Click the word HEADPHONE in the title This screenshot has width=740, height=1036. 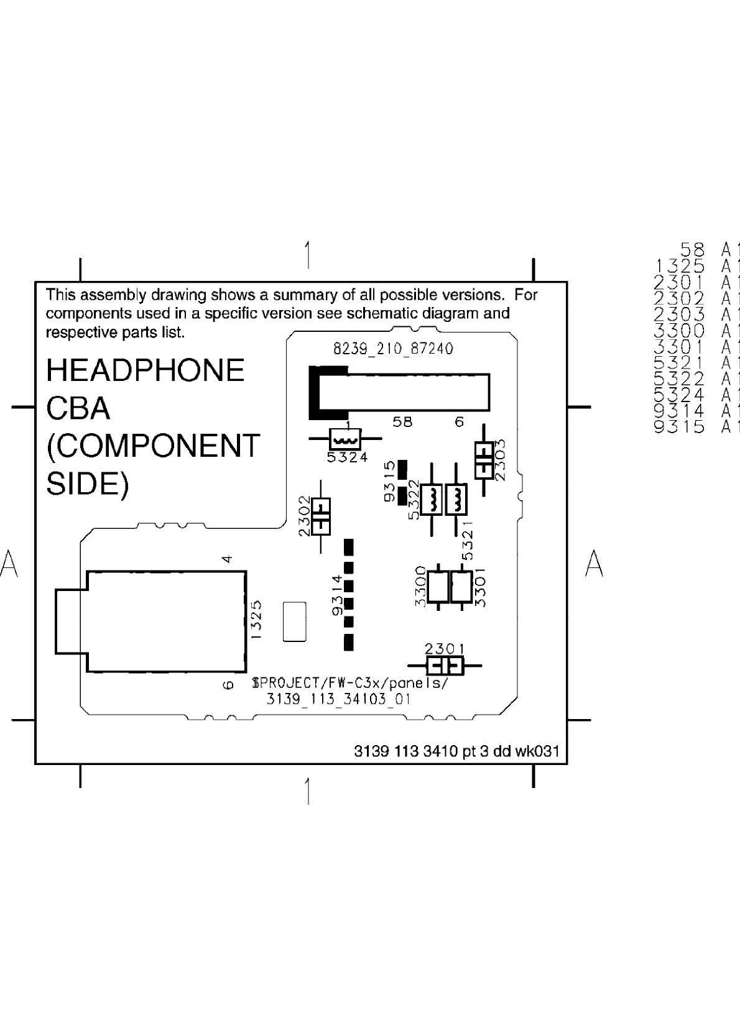point(145,370)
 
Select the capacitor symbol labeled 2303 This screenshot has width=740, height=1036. point(484,460)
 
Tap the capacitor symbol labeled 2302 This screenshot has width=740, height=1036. point(321,516)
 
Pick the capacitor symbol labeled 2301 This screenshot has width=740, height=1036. point(445,666)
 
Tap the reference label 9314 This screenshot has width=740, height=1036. point(338,595)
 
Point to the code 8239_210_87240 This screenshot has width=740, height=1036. point(393,349)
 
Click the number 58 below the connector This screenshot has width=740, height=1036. point(402,422)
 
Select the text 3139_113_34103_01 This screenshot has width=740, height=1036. point(339,699)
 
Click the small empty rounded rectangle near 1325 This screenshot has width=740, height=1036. point(294,621)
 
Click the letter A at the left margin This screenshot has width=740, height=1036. point(9,563)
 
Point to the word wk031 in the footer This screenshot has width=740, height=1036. point(537,751)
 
